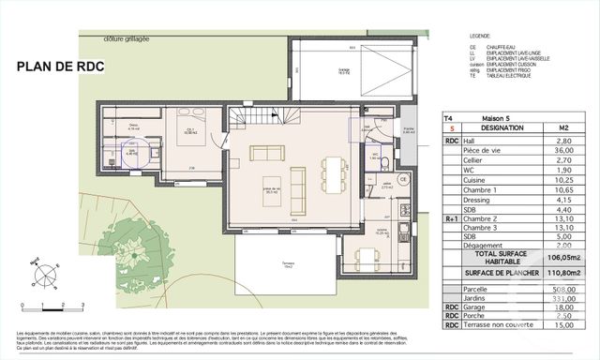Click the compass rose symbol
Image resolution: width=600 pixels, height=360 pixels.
[x=42, y=275]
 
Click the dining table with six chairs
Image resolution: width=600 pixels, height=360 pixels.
[x=333, y=174]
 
